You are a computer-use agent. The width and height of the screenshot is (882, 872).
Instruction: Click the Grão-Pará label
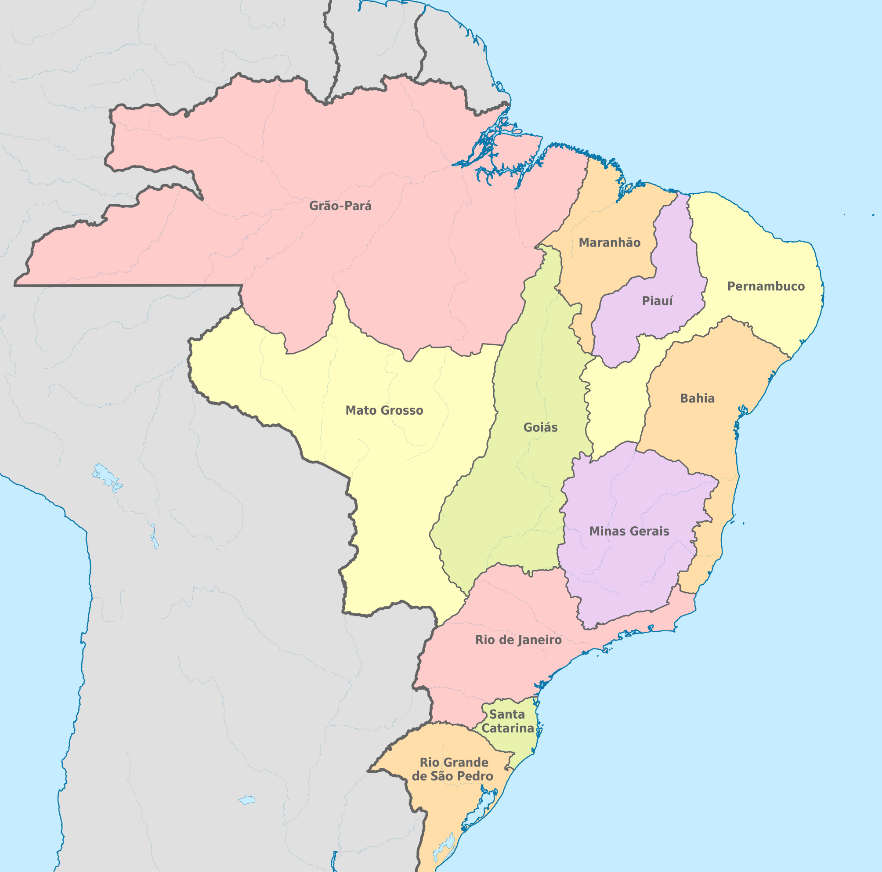340,206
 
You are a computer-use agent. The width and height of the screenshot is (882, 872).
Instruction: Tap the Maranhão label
610,242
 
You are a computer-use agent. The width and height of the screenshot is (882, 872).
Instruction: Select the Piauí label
657,301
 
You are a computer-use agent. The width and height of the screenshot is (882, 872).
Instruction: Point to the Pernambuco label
766,286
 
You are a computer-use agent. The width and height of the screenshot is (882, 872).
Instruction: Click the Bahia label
697,398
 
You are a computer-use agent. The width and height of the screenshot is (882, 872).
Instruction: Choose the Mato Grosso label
384,410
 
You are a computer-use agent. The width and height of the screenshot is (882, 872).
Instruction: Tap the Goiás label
540,427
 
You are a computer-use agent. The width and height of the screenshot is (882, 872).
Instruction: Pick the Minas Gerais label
629,531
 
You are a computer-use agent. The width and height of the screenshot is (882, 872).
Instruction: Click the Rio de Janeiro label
518,640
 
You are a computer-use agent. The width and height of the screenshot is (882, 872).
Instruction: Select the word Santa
507,714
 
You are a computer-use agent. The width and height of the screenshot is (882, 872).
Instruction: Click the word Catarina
508,728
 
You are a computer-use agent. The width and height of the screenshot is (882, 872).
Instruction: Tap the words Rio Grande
454,763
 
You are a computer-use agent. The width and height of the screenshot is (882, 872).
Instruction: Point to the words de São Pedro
452,776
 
